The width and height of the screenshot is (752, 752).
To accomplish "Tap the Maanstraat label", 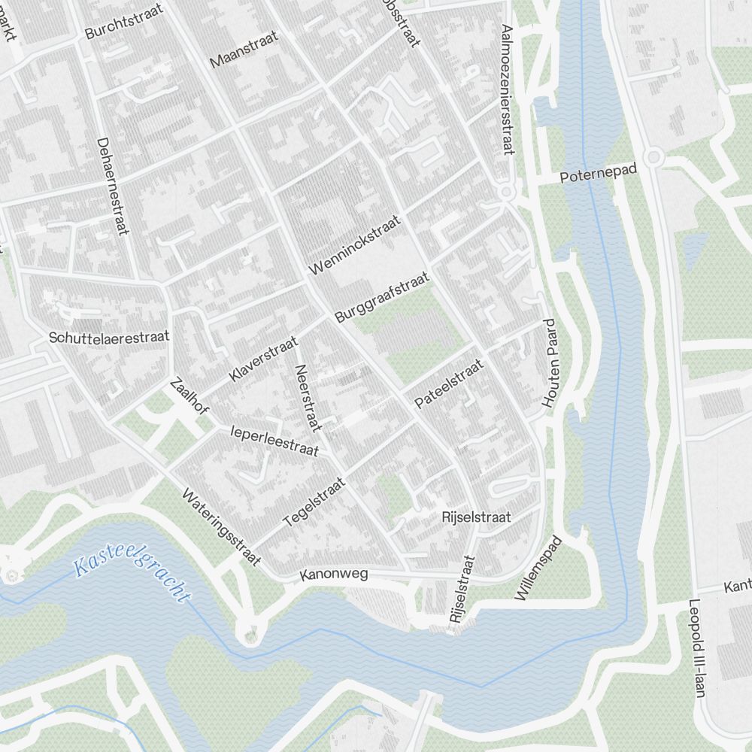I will coord(244,50).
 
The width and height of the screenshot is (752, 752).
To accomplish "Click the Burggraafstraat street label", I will coord(382,298).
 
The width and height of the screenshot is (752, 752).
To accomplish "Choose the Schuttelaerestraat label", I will coord(110,337).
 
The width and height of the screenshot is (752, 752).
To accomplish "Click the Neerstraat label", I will coord(308,398).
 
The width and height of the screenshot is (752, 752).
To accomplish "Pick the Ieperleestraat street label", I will coord(274,441).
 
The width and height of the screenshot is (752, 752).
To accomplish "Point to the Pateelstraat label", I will coord(449,384).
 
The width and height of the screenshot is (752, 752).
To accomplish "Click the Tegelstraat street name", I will coord(314,502).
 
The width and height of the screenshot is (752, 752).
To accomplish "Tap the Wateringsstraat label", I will coord(221,526).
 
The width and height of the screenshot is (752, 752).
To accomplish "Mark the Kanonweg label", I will coord(333,575).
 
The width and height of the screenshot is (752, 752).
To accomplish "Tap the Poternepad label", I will coord(599,174).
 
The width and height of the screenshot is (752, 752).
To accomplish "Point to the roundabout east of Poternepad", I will coord(653,157).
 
